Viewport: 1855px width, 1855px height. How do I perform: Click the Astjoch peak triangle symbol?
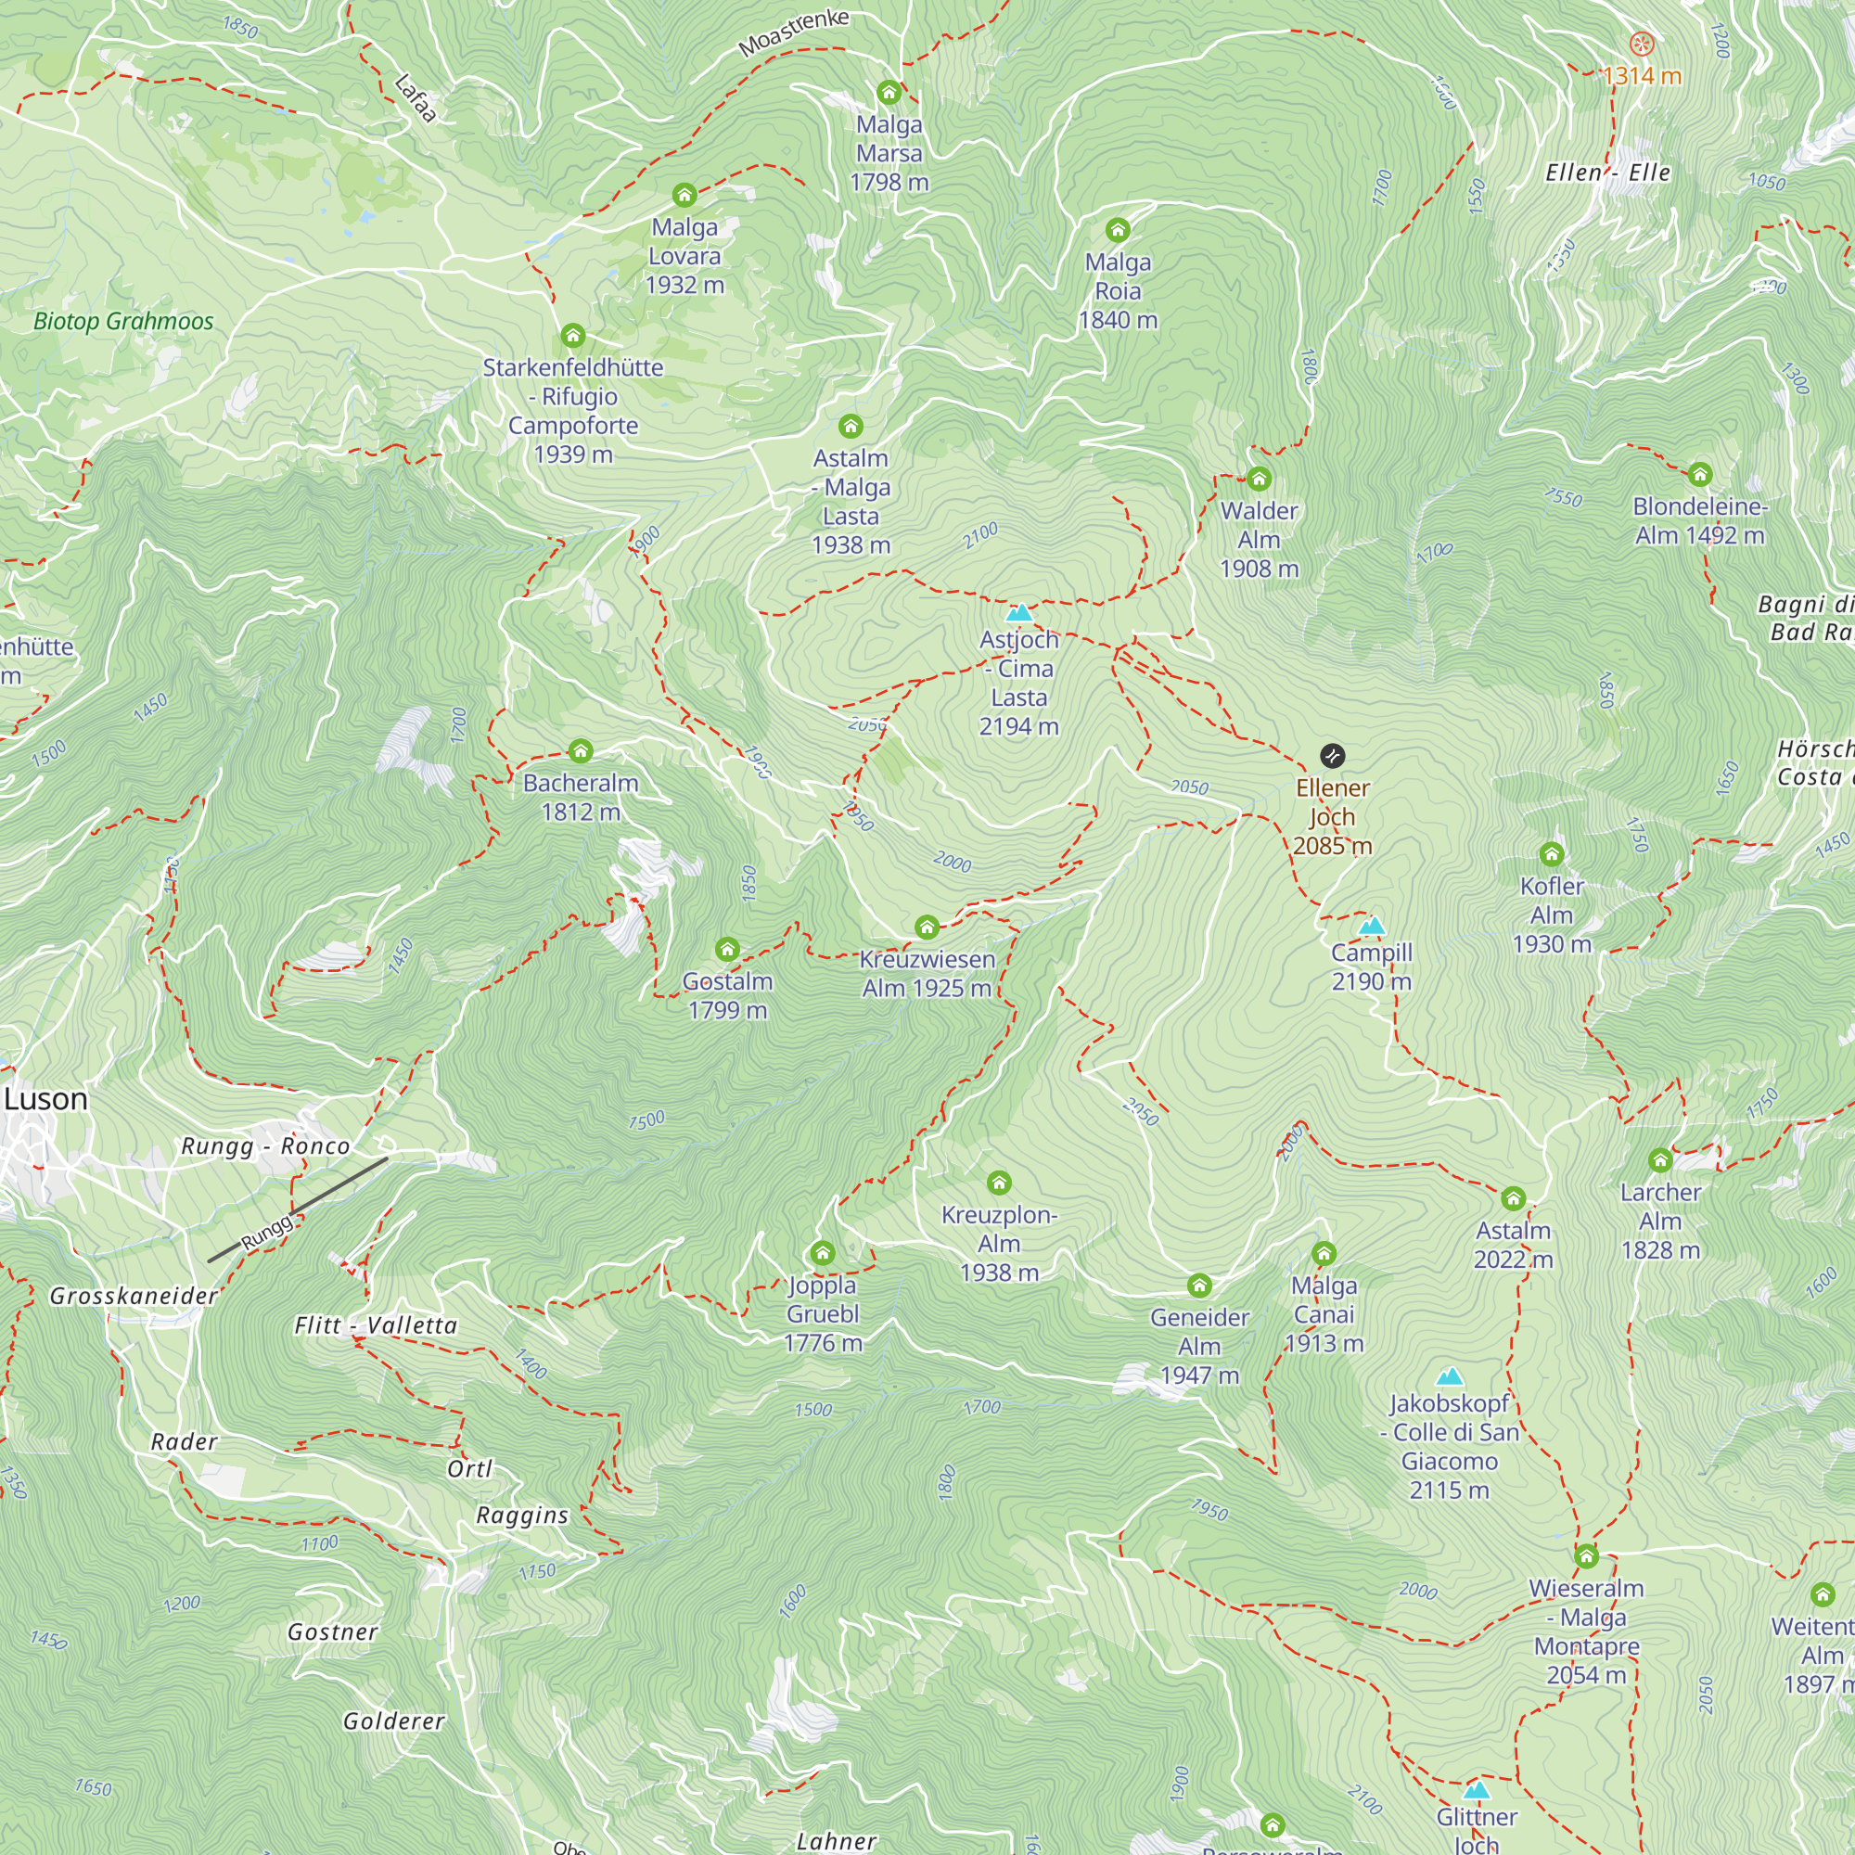point(1018,612)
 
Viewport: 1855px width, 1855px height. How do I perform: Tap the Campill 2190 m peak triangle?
point(1372,926)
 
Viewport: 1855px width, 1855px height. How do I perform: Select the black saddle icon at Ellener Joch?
point(1332,756)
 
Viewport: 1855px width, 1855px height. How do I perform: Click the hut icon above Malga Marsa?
point(889,92)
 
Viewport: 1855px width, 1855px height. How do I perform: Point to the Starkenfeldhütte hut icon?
point(573,335)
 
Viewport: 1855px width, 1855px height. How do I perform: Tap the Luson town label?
point(45,1099)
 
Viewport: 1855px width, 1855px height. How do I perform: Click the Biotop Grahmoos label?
point(123,322)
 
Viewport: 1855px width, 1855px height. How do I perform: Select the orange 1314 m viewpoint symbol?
point(1643,44)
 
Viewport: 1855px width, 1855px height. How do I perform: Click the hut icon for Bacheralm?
point(580,751)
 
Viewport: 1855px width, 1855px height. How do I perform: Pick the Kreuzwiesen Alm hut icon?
point(927,927)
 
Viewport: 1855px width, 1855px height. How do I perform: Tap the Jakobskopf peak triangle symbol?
point(1450,1376)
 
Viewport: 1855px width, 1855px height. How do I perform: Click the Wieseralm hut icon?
point(1586,1555)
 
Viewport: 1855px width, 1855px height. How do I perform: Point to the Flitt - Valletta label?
point(376,1326)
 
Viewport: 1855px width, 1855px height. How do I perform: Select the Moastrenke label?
point(793,32)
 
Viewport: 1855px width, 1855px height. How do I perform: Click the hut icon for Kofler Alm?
point(1552,853)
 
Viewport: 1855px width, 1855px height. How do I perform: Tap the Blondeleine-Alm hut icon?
point(1700,474)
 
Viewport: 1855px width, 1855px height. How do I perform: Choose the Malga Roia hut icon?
point(1118,229)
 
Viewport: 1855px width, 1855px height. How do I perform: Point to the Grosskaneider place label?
point(134,1297)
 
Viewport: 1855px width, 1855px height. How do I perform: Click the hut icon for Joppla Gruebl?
point(823,1253)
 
